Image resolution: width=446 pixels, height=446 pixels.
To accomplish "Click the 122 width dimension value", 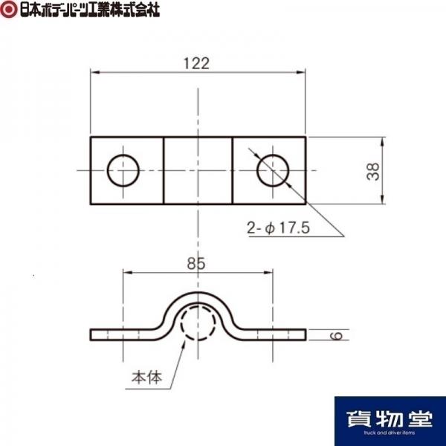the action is (196, 63).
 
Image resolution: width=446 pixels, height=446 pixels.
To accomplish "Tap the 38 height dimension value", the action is (373, 171).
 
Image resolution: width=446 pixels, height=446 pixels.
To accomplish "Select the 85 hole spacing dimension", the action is (196, 263).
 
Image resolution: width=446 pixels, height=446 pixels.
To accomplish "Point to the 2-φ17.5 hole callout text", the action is (278, 227).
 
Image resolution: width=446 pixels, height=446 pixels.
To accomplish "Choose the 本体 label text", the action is (146, 378).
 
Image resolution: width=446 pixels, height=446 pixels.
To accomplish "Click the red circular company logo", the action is (8, 10).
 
